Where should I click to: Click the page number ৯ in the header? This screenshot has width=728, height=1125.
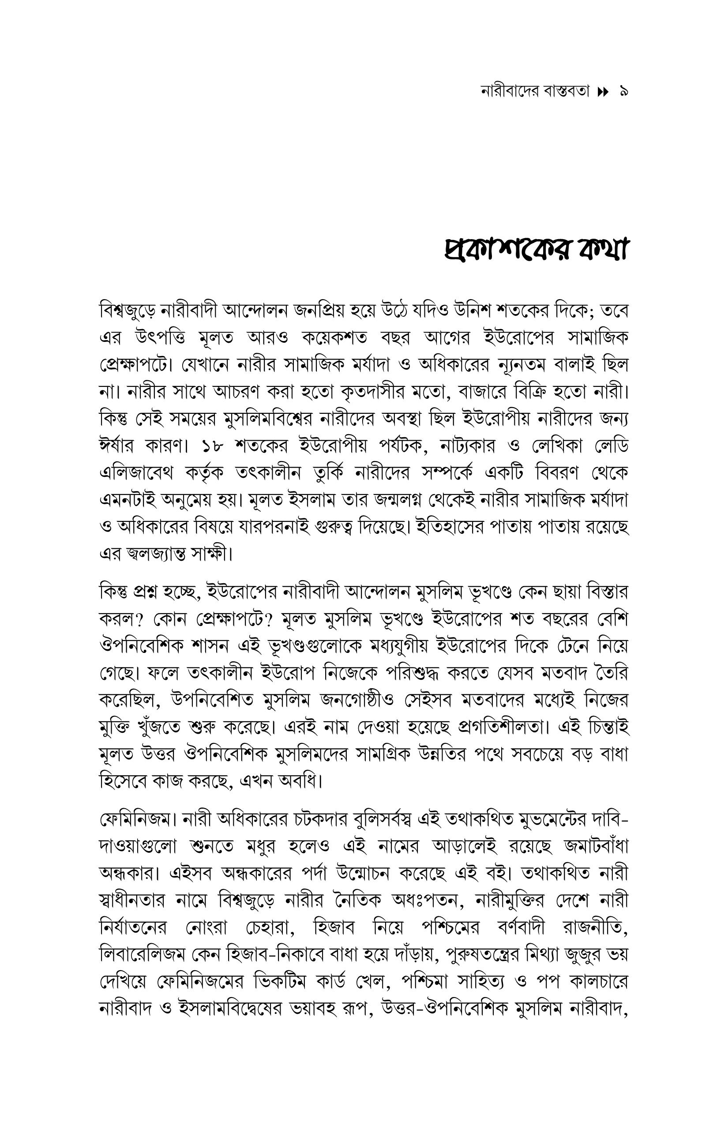click(623, 91)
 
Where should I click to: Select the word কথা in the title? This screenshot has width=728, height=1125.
click(601, 250)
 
